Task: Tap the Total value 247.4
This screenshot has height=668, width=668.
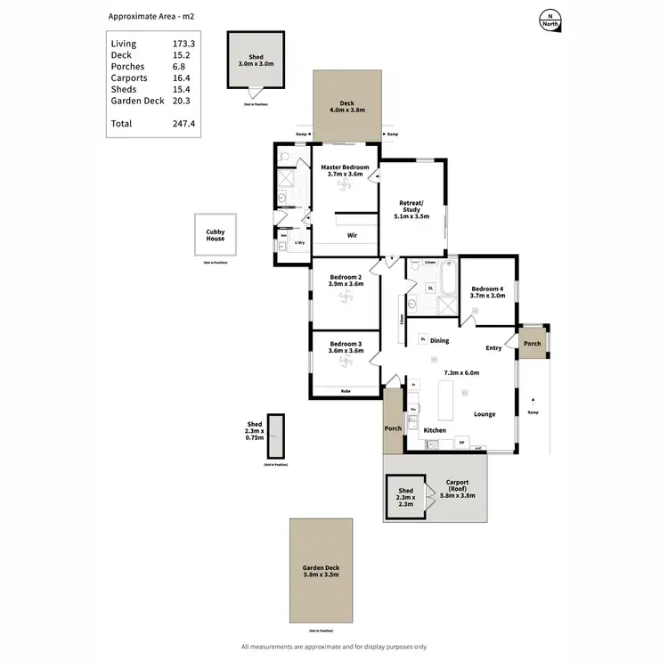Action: pos(184,124)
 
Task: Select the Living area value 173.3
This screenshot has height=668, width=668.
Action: pos(184,44)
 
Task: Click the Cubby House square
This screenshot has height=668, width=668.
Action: pos(216,236)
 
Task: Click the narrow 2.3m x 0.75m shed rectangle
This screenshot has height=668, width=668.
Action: pos(276,436)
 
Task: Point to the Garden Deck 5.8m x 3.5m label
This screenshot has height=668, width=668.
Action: pos(320,572)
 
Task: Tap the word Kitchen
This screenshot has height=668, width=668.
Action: pos(435,430)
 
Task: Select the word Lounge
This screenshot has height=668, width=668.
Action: pos(485,414)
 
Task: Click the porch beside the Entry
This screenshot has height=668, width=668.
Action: pos(533,344)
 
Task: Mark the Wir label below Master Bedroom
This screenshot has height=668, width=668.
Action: pos(352,236)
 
